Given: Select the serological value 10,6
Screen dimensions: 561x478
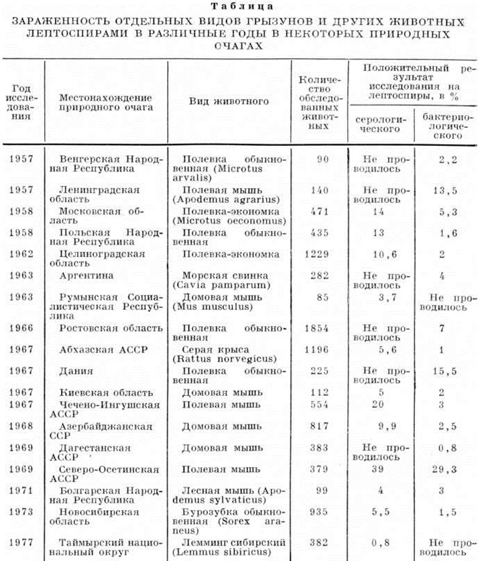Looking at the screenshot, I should tap(380, 254).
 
